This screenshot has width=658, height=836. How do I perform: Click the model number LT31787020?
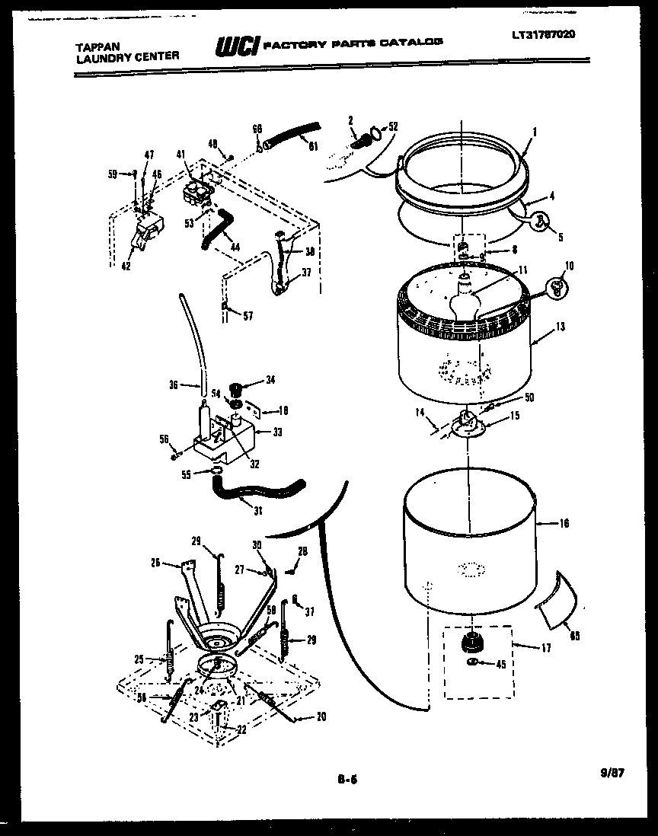(x=544, y=34)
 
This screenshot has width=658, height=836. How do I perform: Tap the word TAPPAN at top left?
(x=97, y=46)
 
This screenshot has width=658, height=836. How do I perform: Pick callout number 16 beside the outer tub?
(x=564, y=524)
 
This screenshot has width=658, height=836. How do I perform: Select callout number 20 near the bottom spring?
(x=322, y=716)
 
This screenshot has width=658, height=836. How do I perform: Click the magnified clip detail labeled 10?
(x=557, y=286)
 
